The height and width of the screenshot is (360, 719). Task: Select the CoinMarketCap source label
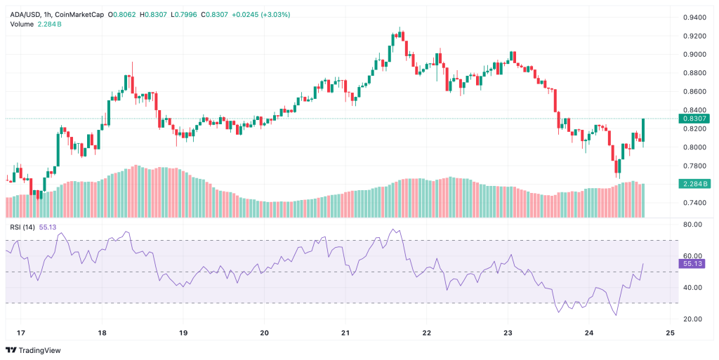[81, 14]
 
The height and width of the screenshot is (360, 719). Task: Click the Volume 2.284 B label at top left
[36, 24]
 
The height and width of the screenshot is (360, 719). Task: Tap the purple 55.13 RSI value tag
[692, 263]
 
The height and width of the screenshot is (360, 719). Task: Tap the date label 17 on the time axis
[20, 333]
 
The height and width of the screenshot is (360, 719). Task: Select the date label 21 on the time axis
[345, 333]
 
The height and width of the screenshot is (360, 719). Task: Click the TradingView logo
[33, 350]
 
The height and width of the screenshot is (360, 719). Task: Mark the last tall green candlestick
[643, 130]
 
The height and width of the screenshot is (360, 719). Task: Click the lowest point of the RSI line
[616, 315]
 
